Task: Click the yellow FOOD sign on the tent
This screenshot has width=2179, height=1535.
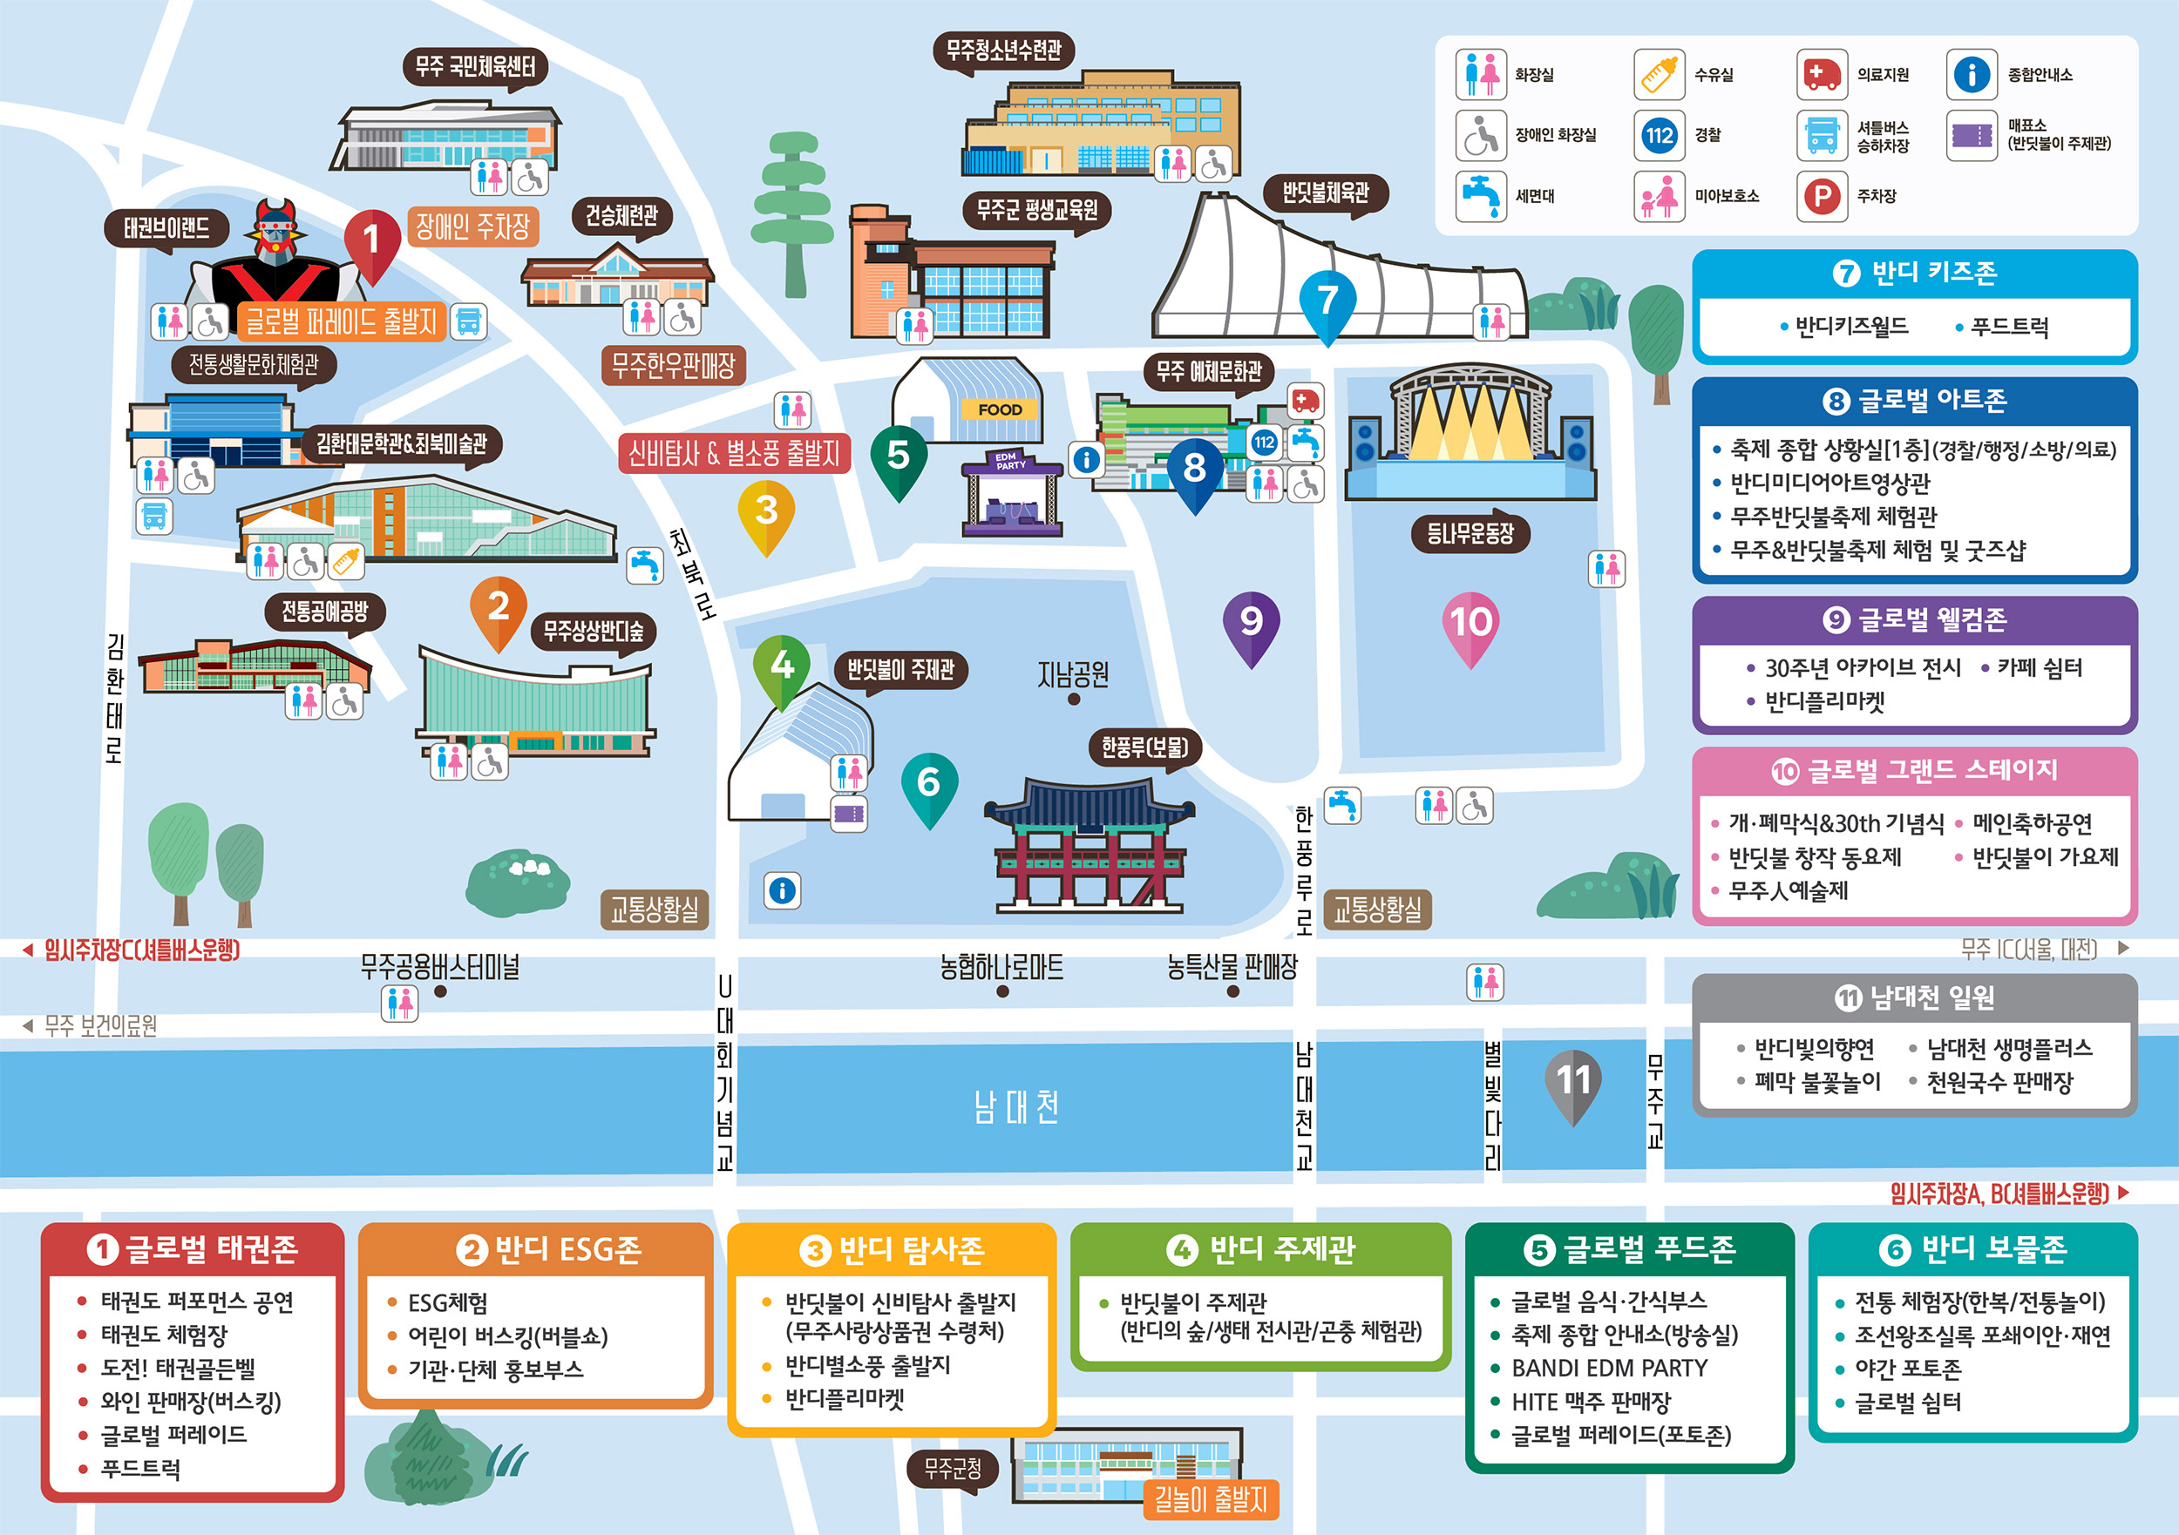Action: click(1001, 409)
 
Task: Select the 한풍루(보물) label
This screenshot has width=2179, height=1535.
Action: click(1144, 748)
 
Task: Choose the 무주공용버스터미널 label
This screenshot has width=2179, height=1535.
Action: click(439, 967)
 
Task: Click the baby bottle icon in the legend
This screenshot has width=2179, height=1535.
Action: click(1659, 74)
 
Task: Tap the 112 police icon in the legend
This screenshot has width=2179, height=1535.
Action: click(1659, 135)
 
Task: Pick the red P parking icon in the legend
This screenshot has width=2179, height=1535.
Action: click(1822, 196)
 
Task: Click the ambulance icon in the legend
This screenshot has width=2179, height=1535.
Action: click(1822, 74)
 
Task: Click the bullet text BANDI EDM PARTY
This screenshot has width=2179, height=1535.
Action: click(1610, 1368)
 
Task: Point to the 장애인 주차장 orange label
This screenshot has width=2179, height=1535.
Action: click(472, 226)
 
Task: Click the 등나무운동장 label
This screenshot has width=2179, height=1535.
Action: click(1470, 533)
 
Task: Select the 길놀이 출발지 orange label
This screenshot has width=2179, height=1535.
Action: click(1210, 1499)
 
